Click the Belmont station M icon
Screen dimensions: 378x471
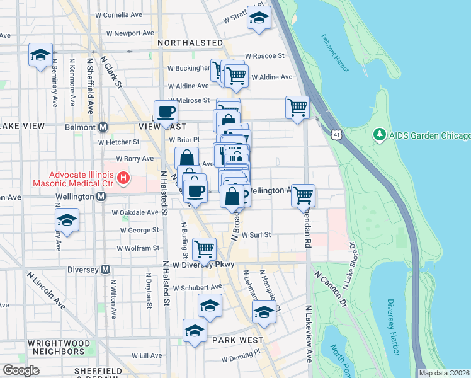[103, 127]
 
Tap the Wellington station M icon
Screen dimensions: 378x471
[101, 197]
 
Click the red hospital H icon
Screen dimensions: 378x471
[123, 179]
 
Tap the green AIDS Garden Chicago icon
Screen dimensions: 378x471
[379, 134]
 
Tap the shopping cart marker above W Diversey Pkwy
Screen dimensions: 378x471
[204, 248]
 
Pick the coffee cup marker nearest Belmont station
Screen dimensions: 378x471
[166, 112]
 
